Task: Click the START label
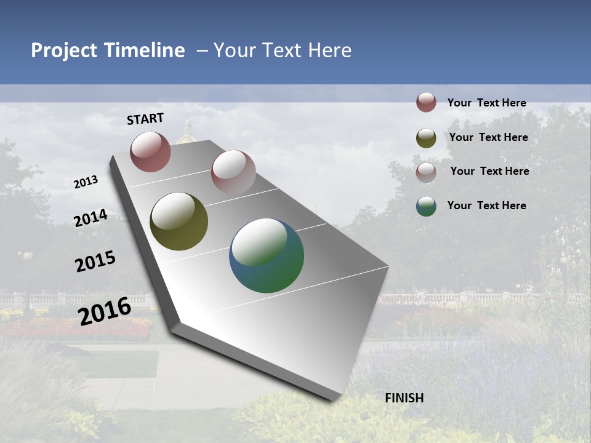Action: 145,119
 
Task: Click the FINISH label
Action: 404,398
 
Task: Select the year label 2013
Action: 86,182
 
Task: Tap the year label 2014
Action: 90,218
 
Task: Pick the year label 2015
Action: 95,261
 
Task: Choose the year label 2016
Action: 105,311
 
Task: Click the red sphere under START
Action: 150,151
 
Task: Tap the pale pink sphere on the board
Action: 233,172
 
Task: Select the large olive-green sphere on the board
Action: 179,221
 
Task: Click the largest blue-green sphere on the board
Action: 267,255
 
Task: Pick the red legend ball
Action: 426,102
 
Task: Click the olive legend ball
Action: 426,138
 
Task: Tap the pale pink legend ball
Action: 426,172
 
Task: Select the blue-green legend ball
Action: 426,206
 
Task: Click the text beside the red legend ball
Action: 486,103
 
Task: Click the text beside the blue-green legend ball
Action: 486,206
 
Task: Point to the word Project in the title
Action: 65,50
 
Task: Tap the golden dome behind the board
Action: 185,134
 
